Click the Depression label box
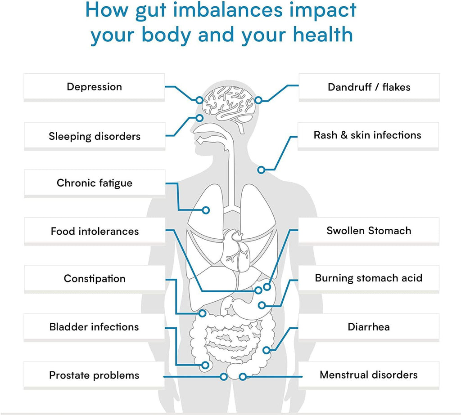click(94, 87)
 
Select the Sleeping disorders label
click(95, 136)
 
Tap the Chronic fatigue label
click(95, 183)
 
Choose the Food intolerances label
click(95, 231)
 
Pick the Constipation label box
click(95, 278)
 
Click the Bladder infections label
click(94, 326)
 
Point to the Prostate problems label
click(94, 375)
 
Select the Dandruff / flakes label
click(369, 87)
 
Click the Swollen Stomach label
click(369, 231)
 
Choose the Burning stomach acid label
click(369, 278)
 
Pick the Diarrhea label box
click(369, 326)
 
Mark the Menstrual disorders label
click(369, 375)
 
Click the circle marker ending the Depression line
click(199, 100)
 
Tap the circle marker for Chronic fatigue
click(206, 210)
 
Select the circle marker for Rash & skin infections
click(261, 170)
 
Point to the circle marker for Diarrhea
click(266, 350)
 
